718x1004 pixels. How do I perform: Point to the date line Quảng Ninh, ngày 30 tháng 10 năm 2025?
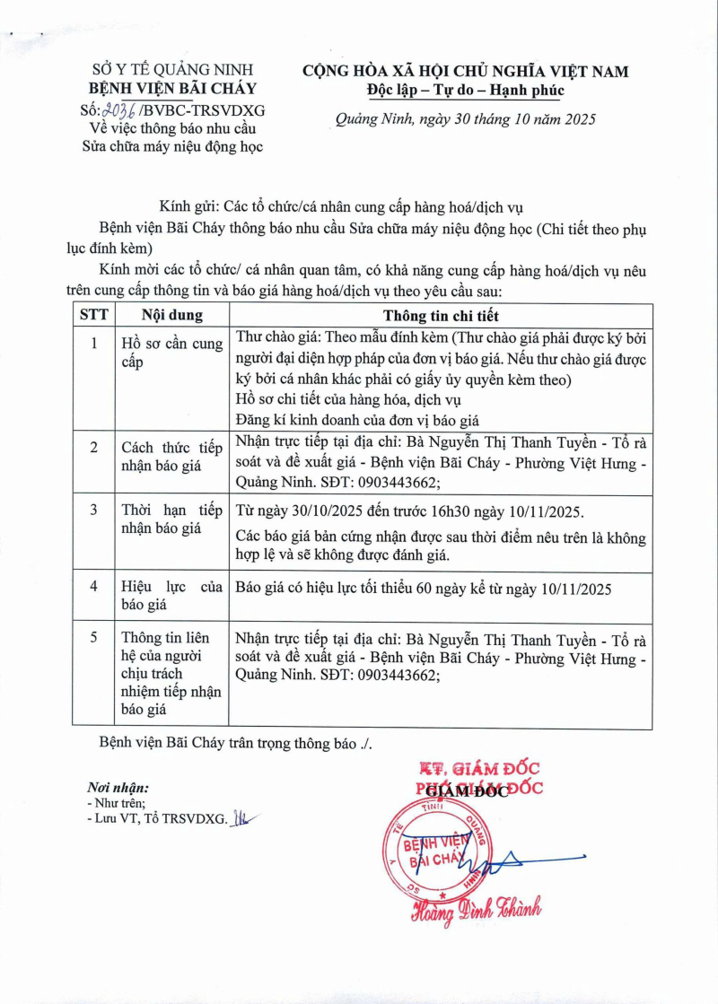point(465,119)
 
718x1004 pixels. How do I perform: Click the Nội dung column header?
point(171,316)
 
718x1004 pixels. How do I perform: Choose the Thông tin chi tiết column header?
point(441,316)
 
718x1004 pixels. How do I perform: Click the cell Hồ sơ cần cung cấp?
point(171,353)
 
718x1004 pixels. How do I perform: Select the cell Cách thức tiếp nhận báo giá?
point(171,457)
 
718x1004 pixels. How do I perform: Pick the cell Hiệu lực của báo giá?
point(171,596)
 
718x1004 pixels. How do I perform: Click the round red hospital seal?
point(440,852)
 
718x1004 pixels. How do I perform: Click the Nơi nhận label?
point(118,787)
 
